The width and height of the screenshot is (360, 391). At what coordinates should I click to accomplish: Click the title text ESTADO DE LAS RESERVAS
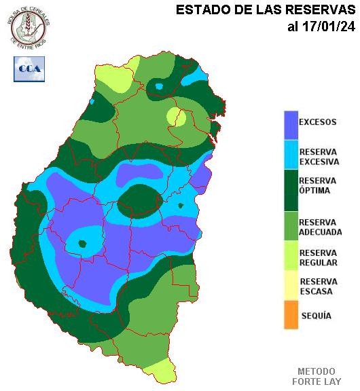point(266,10)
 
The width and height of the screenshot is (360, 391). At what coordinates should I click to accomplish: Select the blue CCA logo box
point(29,69)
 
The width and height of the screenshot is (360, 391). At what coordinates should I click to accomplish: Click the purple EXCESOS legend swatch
point(291,124)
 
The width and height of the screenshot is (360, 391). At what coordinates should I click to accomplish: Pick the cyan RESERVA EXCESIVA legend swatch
point(291,156)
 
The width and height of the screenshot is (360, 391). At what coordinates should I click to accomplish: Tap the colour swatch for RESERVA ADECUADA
point(291,227)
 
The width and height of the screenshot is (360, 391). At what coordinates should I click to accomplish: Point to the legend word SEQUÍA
point(316,316)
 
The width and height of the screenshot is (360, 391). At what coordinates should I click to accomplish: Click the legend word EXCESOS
point(318,123)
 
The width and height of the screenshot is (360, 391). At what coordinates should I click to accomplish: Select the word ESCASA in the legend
point(316,291)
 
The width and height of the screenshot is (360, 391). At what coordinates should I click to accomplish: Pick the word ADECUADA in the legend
point(321,232)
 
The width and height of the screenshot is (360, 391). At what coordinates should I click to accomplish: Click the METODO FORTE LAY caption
point(317,377)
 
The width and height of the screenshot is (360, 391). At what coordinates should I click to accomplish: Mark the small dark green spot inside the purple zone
point(84,243)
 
